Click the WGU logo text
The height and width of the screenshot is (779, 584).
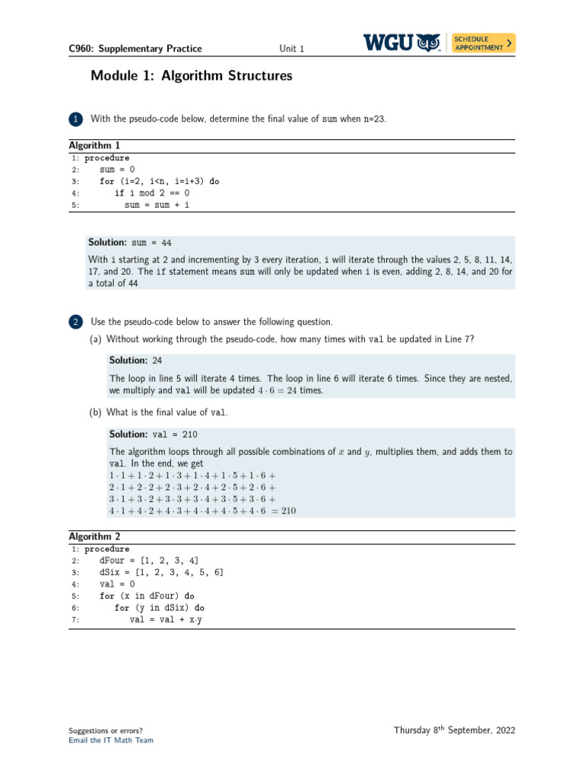[x=389, y=43]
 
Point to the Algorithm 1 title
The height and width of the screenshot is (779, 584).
[x=94, y=145]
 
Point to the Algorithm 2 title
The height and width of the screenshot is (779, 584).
[x=94, y=536]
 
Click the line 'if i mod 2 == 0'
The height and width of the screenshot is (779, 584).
[x=152, y=193]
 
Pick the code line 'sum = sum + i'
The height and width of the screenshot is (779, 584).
[x=157, y=205]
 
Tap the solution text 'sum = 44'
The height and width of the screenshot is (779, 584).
[x=151, y=243]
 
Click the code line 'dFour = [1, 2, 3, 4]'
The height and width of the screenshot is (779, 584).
[x=149, y=561]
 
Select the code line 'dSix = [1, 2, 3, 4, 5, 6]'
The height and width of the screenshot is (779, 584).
[x=161, y=572]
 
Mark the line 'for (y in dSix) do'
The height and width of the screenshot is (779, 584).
[x=159, y=608]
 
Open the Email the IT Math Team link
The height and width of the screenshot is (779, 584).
[x=110, y=740]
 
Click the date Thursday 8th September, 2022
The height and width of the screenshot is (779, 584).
[x=454, y=730]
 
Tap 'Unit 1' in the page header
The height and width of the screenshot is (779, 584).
[x=291, y=49]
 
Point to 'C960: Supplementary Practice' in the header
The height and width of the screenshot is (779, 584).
[x=135, y=49]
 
